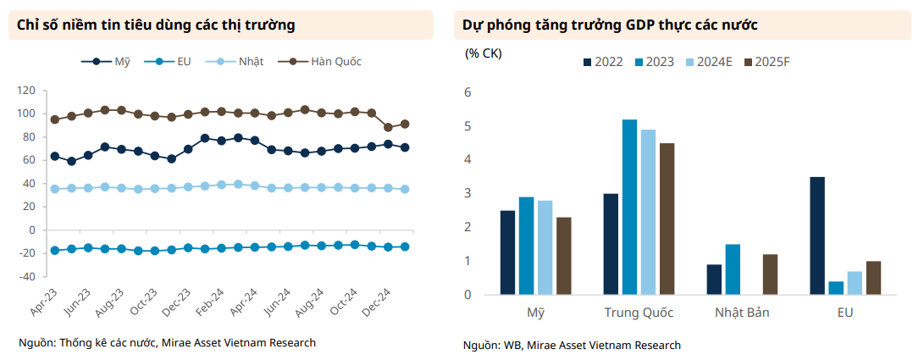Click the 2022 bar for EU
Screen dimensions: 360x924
tap(817, 235)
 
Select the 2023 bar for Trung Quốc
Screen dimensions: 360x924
tap(629, 207)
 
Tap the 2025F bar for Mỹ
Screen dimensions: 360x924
tap(563, 256)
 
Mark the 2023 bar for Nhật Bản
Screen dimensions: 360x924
tap(733, 269)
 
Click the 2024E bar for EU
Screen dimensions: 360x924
tap(855, 283)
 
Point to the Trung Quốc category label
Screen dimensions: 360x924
tap(639, 313)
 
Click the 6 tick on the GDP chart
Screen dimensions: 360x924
tap(467, 92)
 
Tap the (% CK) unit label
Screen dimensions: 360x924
tap(484, 53)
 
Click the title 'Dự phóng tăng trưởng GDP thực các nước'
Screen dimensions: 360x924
tap(609, 25)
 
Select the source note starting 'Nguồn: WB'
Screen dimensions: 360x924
tap(572, 345)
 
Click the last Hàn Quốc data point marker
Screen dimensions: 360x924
tap(405, 124)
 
